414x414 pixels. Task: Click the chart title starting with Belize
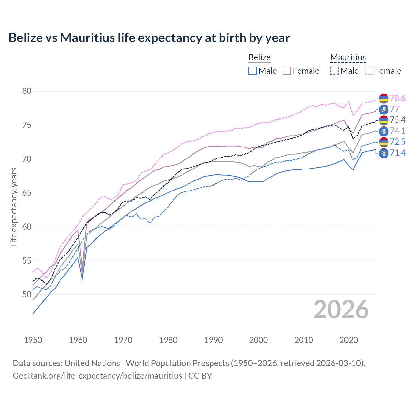(x=149, y=38)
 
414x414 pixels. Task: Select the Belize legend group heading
(x=259, y=57)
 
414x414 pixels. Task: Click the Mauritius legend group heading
(x=348, y=57)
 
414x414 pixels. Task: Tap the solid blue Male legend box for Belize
(x=253, y=71)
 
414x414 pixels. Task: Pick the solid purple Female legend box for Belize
(x=287, y=71)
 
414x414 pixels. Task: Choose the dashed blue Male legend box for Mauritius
(x=334, y=71)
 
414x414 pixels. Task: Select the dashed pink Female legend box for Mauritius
(x=369, y=71)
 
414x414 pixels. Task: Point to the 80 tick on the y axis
(x=27, y=91)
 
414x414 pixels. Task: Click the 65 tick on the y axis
(x=27, y=193)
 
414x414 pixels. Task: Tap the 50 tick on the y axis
(x=27, y=295)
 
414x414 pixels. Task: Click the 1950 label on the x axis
(x=33, y=340)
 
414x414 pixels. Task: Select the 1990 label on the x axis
(x=213, y=340)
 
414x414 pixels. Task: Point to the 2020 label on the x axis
(x=349, y=340)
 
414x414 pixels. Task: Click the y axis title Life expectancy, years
(x=14, y=207)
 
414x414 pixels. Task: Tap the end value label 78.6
(x=398, y=98)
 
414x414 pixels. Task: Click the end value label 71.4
(x=398, y=153)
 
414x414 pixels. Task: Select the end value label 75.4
(x=398, y=120)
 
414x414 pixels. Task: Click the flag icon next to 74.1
(x=384, y=131)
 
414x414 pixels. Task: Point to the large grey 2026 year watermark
(x=341, y=310)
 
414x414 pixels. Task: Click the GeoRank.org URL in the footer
(x=97, y=376)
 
